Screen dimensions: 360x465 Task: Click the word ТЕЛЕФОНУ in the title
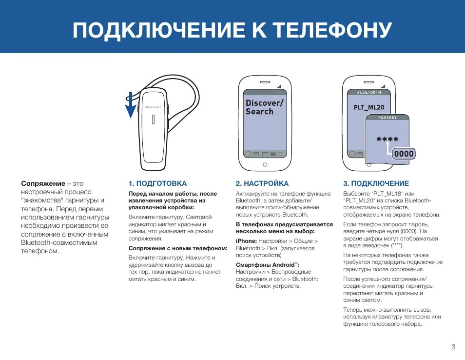pos(332,30)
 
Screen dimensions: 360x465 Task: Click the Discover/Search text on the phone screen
pos(264,107)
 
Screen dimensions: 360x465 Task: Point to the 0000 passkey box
pos(404,154)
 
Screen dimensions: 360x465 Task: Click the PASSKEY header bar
pos(387,118)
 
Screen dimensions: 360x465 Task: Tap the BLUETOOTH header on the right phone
pos(369,92)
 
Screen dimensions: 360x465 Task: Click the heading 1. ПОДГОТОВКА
pos(157,183)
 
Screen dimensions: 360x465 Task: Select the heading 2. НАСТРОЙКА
pos(262,183)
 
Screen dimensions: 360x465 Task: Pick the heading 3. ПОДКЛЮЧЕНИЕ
pos(376,183)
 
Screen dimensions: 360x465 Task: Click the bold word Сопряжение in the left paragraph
pos(43,183)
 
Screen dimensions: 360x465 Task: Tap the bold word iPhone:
pos(246,241)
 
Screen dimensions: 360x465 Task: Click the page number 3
pos(453,347)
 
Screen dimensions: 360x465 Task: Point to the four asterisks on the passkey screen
pos(387,140)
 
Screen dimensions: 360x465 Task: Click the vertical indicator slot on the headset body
pos(154,120)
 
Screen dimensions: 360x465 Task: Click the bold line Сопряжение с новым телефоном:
pos(178,248)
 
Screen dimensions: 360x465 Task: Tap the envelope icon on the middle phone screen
pos(265,154)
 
